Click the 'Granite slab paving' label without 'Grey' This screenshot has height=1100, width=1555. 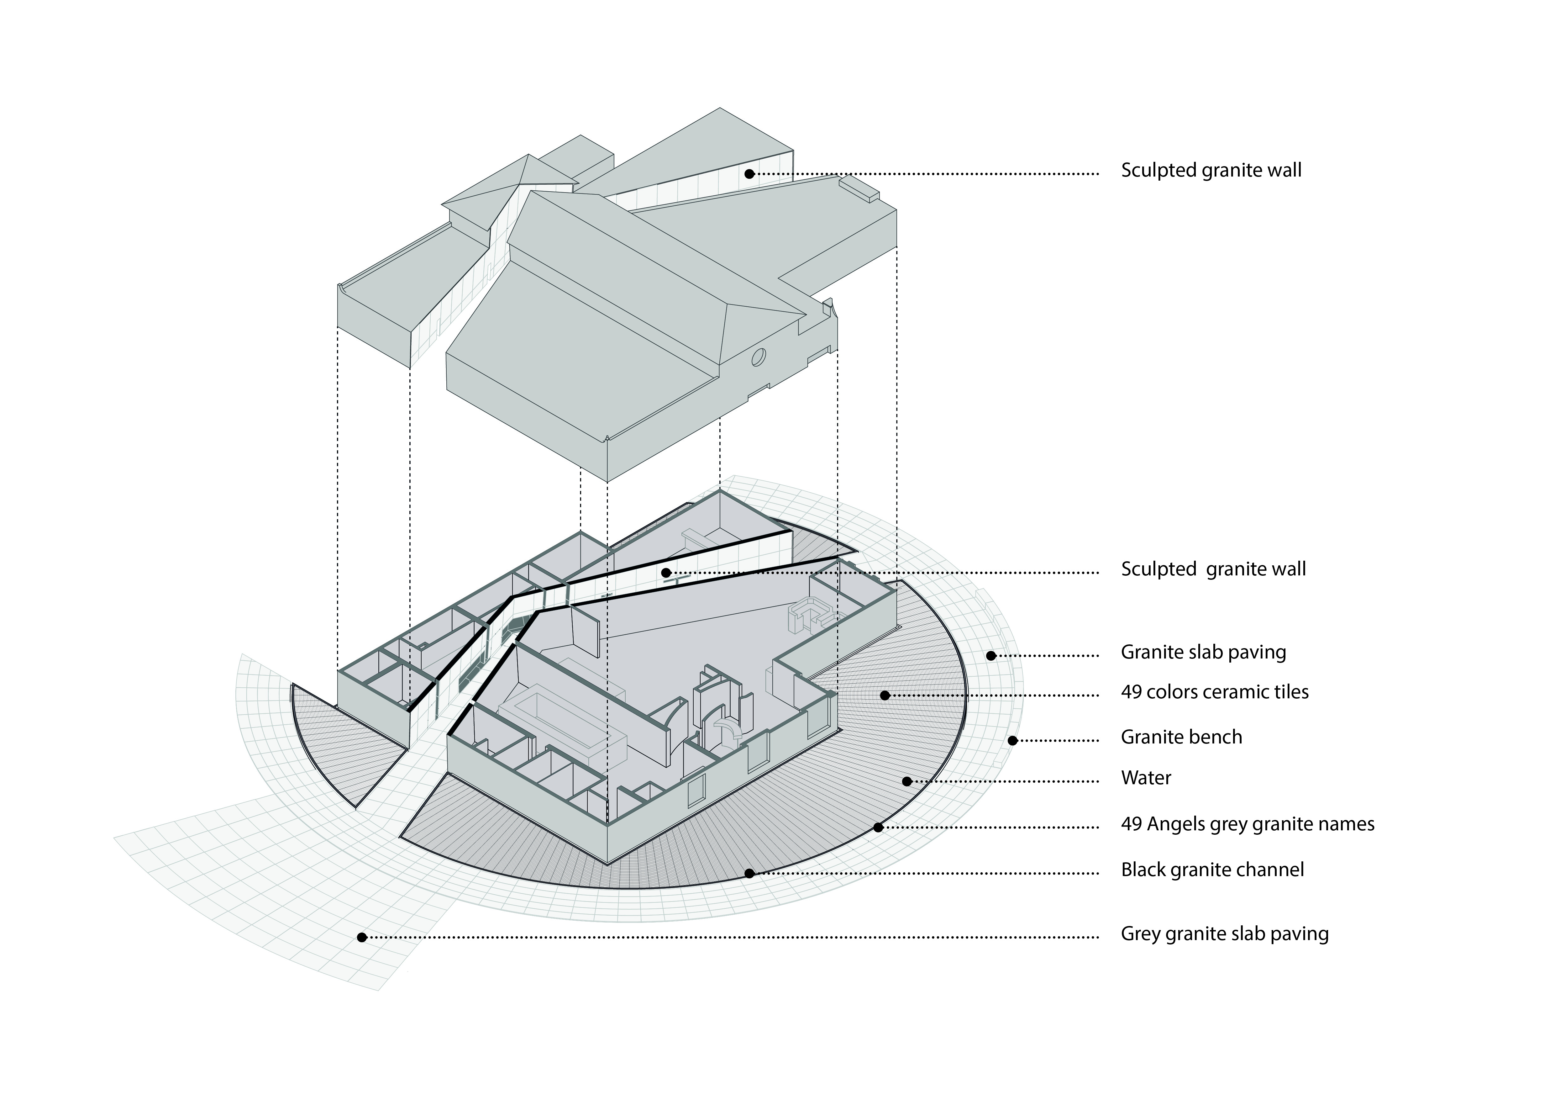click(x=1203, y=652)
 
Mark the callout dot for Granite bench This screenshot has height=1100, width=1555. click(x=1012, y=740)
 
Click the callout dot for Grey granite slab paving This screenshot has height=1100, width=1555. click(x=362, y=938)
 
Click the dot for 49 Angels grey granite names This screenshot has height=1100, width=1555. click(x=878, y=827)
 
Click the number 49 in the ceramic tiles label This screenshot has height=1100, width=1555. click(x=1131, y=692)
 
